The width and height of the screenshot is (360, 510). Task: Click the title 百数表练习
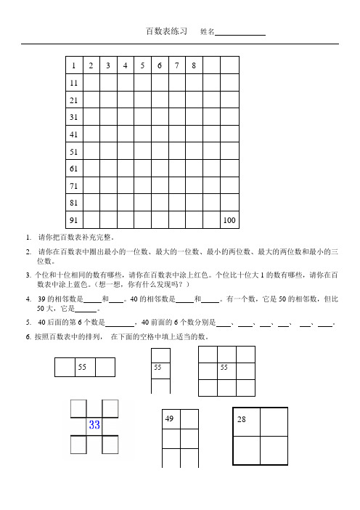(x=167, y=32)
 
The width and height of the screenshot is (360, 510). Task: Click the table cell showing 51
(x=74, y=152)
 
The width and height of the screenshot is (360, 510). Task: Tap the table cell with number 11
(x=74, y=84)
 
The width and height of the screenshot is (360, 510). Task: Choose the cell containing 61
(x=74, y=169)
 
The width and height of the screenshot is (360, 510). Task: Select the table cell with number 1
(x=74, y=66)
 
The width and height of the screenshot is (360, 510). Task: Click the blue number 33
(x=94, y=425)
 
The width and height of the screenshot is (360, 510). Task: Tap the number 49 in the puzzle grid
(x=169, y=419)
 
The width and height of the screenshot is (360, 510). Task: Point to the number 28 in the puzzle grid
(x=242, y=421)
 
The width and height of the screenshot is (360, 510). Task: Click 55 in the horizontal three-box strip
(x=85, y=368)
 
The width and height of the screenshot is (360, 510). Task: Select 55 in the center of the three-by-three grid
(x=226, y=368)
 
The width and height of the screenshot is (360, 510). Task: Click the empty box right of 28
(x=274, y=421)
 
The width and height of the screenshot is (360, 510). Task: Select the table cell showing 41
(x=74, y=134)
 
